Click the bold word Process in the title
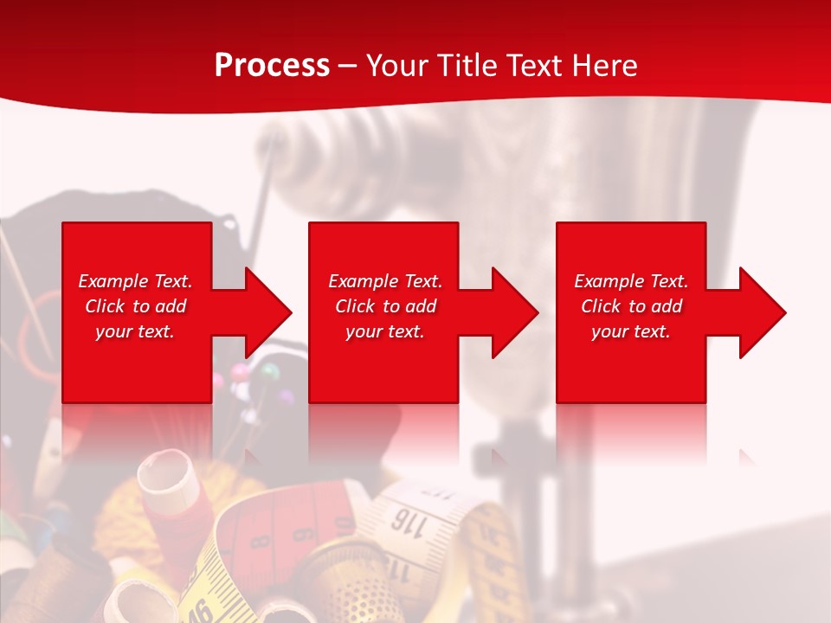click(272, 66)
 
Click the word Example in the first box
click(113, 281)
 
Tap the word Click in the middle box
click(354, 306)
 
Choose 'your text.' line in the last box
click(630, 331)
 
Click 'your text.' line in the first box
click(135, 331)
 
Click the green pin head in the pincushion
click(270, 371)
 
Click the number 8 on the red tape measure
click(261, 541)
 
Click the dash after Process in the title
click(347, 67)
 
